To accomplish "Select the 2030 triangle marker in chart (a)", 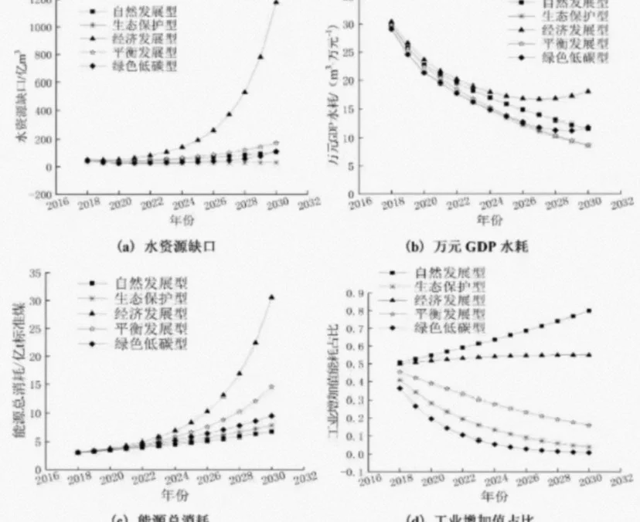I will click(277, 2).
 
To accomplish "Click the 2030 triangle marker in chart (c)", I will click(271, 297).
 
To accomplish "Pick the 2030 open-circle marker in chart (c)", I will click(271, 386).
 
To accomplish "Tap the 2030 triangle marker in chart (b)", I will click(587, 91).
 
